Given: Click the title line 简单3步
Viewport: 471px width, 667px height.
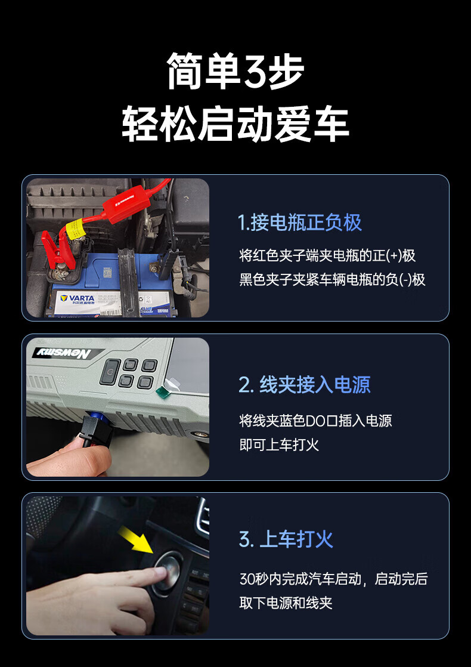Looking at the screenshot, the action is (x=235, y=71).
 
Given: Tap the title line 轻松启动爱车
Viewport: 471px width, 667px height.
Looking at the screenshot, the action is (x=235, y=124).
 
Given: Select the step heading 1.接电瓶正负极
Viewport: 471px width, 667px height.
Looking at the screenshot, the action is (x=300, y=223).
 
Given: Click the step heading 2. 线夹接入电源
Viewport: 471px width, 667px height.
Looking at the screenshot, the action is (x=305, y=385).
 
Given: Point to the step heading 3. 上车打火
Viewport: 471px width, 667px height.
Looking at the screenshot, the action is (x=286, y=539).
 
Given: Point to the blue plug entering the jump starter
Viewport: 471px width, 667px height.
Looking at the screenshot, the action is (x=91, y=414).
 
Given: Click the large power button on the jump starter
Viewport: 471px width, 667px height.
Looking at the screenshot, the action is (x=110, y=373).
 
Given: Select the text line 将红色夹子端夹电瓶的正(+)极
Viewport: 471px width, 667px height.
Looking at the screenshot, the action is (x=327, y=256).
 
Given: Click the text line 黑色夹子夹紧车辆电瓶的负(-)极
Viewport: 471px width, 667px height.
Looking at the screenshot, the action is (x=333, y=279).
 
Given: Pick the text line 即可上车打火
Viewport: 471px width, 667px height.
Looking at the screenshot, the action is (x=279, y=445).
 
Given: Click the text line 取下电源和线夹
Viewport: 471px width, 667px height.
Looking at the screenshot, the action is (x=286, y=603).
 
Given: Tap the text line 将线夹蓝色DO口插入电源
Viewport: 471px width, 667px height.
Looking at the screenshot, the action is (x=315, y=421).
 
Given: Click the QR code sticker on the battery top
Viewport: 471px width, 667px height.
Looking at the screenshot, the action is (x=107, y=273).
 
